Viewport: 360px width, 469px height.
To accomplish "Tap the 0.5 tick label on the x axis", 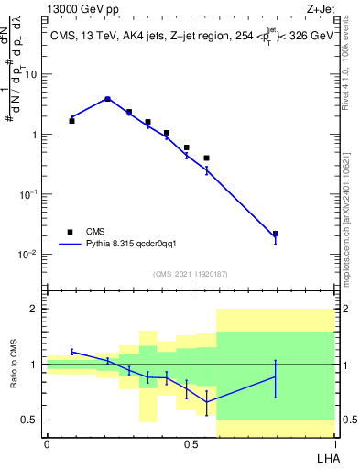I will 191,443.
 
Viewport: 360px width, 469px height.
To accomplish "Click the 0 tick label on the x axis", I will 47,443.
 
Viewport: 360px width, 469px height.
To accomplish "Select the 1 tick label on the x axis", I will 334,443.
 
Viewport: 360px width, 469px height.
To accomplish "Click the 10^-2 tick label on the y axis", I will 31,254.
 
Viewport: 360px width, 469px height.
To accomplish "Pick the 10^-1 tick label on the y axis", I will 31,194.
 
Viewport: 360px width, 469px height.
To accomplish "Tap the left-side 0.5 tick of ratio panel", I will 34,420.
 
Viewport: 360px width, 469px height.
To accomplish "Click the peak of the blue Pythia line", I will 107,98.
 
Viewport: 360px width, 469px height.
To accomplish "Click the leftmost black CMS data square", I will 71,121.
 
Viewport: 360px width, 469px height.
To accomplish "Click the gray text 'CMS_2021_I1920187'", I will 191,273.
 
